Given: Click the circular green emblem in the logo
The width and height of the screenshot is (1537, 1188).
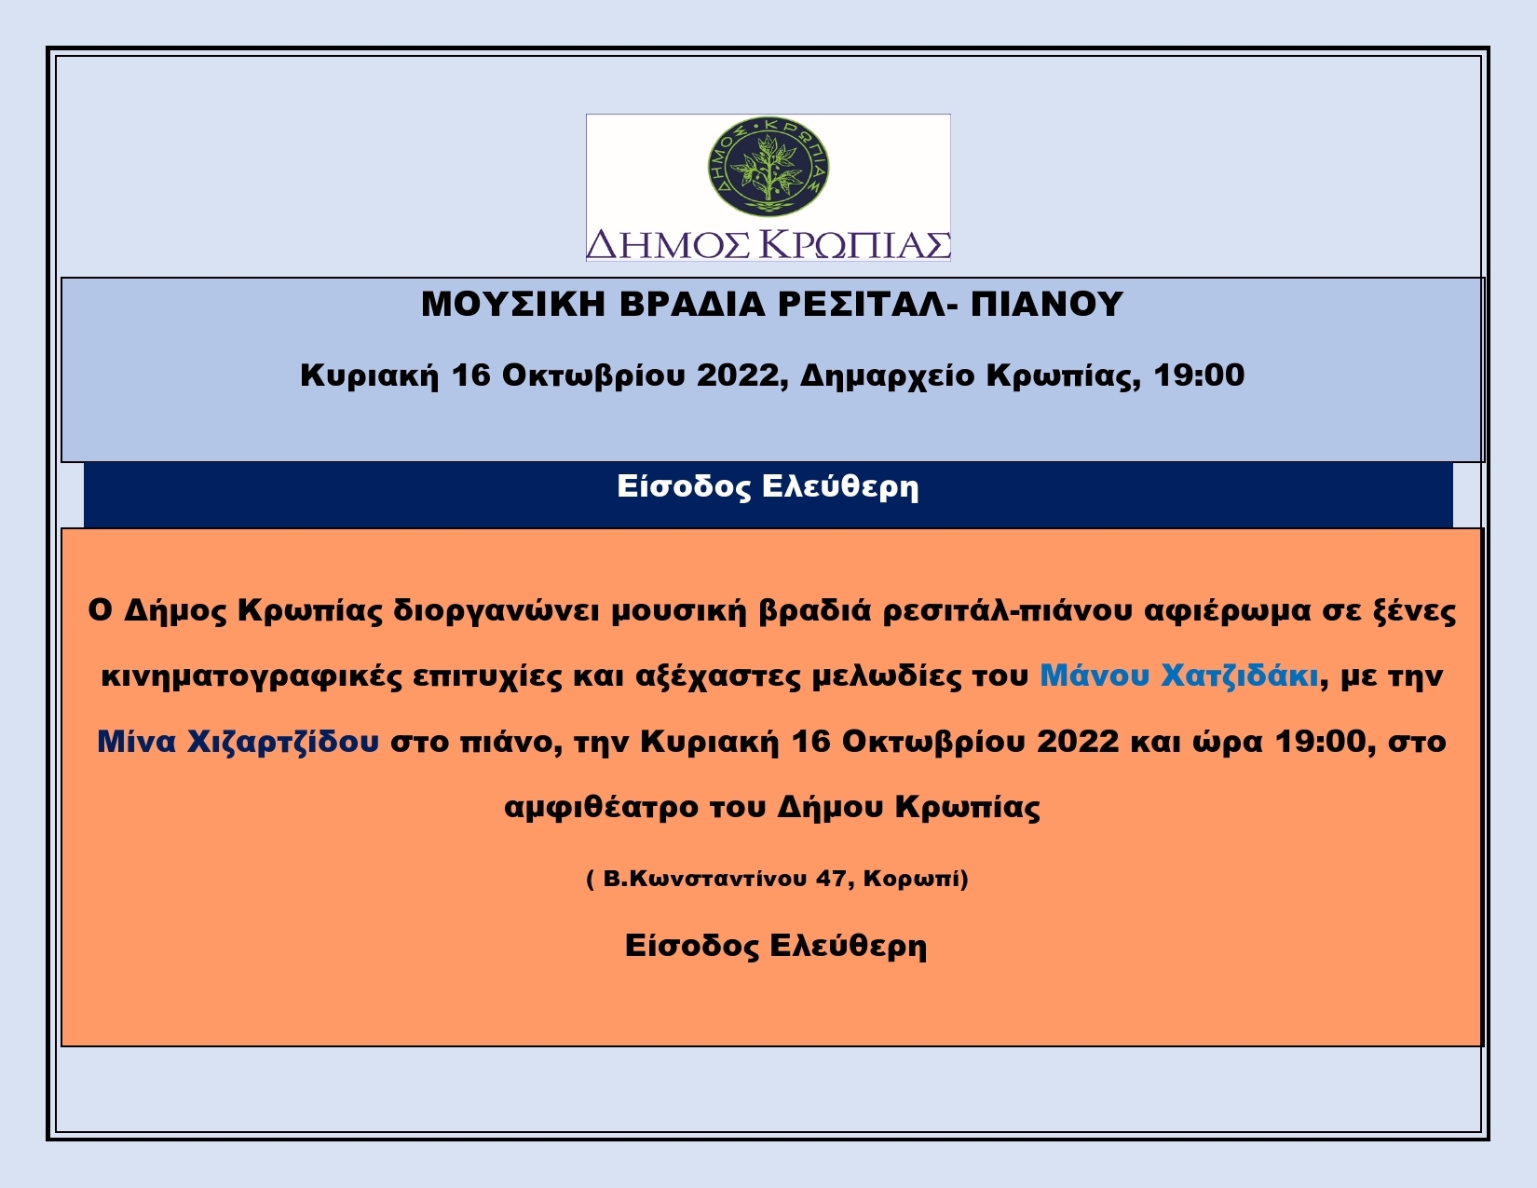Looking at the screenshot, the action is [x=768, y=166].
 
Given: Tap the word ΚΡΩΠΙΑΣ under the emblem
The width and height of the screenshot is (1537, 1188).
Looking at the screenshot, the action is [x=860, y=245].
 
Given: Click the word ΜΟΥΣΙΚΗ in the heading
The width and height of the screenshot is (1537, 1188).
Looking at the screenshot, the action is [x=513, y=305].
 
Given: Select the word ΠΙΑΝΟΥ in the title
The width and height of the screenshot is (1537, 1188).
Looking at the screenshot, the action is [x=1047, y=305].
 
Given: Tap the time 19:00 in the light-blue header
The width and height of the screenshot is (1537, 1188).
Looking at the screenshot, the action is [x=1199, y=375].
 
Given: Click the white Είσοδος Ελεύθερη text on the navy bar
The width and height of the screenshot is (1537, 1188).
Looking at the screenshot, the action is [x=768, y=487].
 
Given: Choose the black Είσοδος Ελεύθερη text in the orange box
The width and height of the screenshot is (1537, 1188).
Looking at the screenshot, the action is [x=775, y=946].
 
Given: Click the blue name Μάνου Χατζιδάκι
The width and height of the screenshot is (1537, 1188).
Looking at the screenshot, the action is [x=1179, y=676].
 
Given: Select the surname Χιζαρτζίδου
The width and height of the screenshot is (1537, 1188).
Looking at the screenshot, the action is [x=283, y=742].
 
